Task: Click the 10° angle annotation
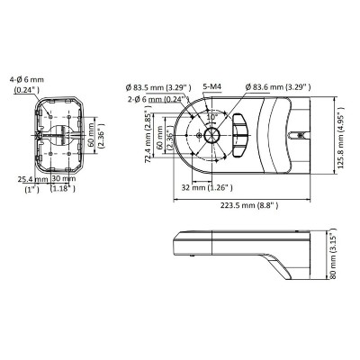coord(212,117)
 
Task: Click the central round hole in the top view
coord(211,136)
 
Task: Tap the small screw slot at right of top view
coord(299,136)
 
